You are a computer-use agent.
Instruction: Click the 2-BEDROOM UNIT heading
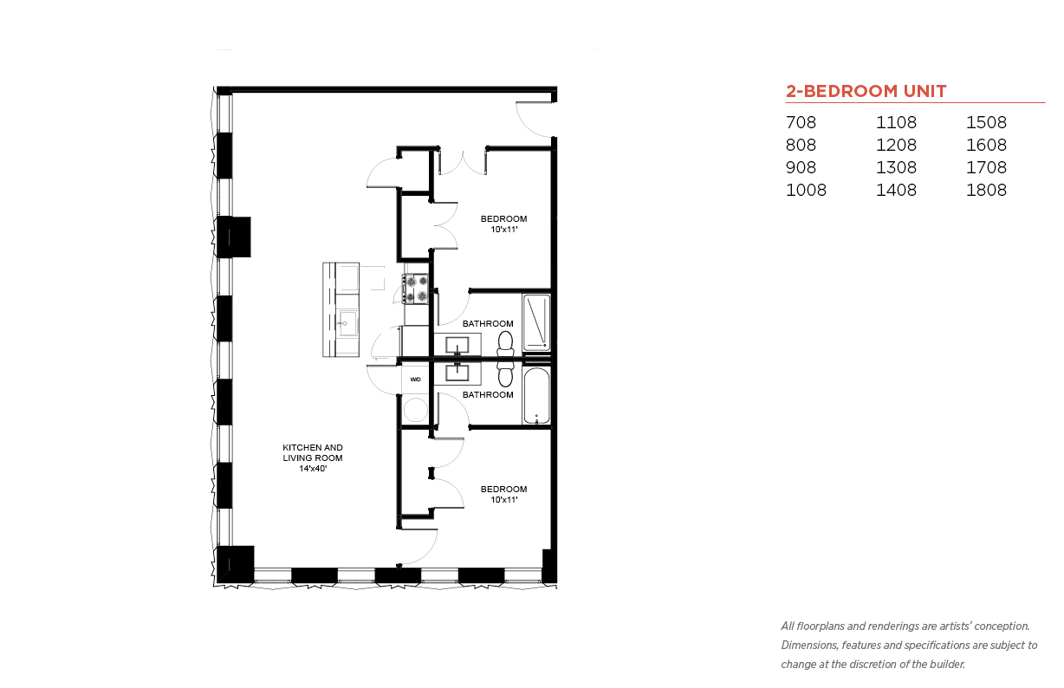pyautogui.click(x=866, y=91)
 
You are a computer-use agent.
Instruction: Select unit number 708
pyautogui.click(x=801, y=122)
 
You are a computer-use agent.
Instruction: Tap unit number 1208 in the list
pyautogui.click(x=896, y=145)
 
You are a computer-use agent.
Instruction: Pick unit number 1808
pyautogui.click(x=986, y=190)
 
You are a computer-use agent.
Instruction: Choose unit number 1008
pyautogui.click(x=806, y=190)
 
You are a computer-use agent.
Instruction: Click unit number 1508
pyautogui.click(x=986, y=122)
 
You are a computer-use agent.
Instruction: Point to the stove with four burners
pyautogui.click(x=415, y=289)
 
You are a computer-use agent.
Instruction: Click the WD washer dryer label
pyautogui.click(x=415, y=380)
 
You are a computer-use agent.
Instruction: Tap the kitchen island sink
pyautogui.click(x=347, y=323)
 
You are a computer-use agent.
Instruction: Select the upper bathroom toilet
pyautogui.click(x=505, y=344)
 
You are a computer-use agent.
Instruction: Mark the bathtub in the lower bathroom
pyautogui.click(x=536, y=395)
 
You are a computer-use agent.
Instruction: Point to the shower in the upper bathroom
pyautogui.click(x=536, y=322)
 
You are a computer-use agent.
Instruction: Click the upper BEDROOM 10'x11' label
pyautogui.click(x=503, y=224)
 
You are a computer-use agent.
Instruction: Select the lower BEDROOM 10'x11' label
pyautogui.click(x=503, y=494)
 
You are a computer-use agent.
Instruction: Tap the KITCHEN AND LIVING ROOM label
pyautogui.click(x=313, y=458)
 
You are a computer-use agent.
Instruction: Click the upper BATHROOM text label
pyautogui.click(x=488, y=323)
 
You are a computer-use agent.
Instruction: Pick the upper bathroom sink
pyautogui.click(x=457, y=345)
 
